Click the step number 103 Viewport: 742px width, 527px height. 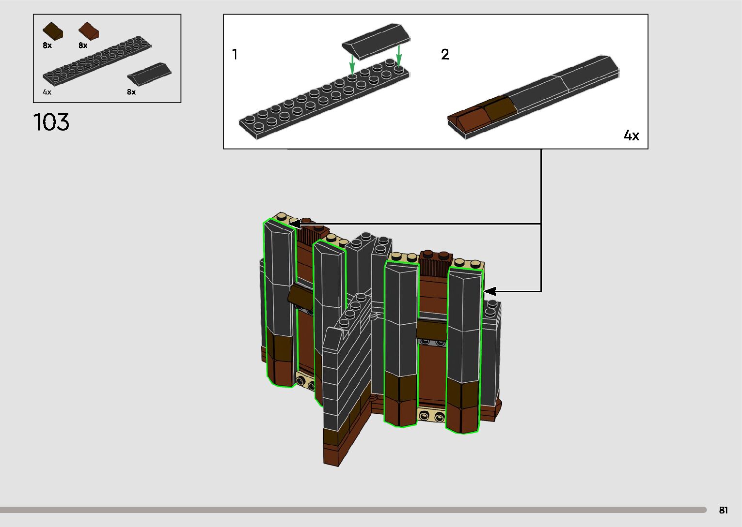pyautogui.click(x=51, y=122)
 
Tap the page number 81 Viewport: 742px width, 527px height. pyautogui.click(x=724, y=510)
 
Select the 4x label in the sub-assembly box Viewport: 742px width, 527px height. pyautogui.click(x=631, y=136)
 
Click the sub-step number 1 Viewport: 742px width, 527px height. pyautogui.click(x=235, y=54)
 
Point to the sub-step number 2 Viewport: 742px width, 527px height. pyautogui.click(x=445, y=54)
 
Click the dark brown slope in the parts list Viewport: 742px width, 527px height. pyautogui.click(x=53, y=31)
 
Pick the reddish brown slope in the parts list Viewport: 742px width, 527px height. pyautogui.click(x=88, y=30)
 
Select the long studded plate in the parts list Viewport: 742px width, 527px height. pyautogui.click(x=97, y=61)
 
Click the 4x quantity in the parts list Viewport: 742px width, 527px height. pyautogui.click(x=47, y=92)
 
